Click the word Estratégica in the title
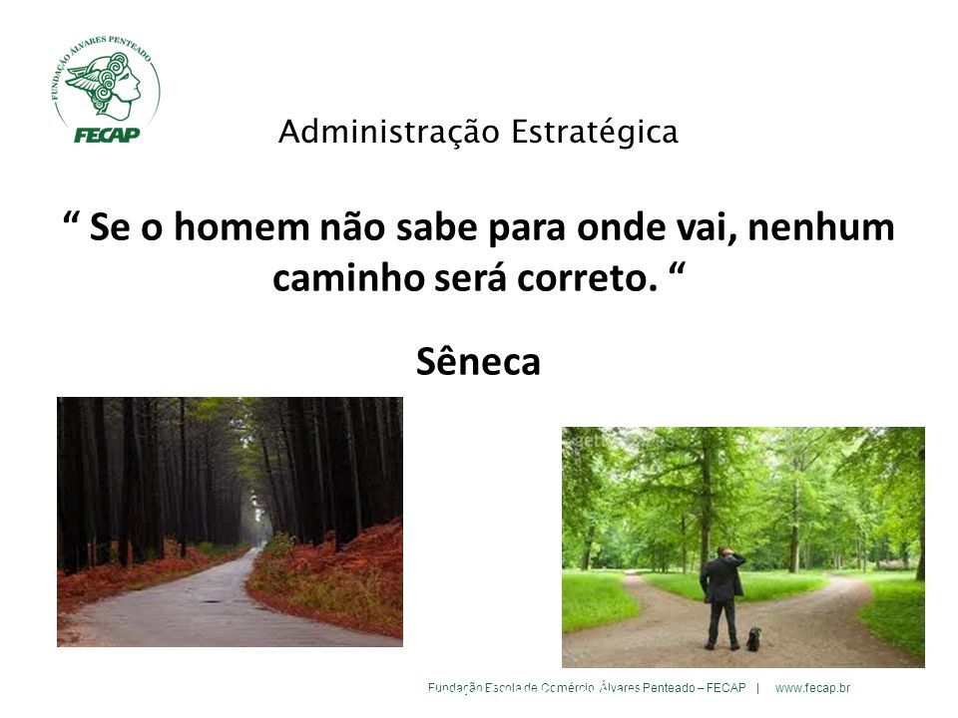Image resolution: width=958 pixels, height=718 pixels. pos(595,133)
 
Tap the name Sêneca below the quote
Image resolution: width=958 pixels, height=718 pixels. pos(478,361)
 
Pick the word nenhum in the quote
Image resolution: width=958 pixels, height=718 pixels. pos(821,227)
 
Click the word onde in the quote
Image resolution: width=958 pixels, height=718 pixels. pos(621,227)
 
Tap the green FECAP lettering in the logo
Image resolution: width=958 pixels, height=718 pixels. pos(107,135)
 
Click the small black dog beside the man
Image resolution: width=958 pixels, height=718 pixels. pos(753,638)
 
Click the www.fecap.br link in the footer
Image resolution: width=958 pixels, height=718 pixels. pos(812,688)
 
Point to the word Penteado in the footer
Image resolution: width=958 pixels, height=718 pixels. pos(669,688)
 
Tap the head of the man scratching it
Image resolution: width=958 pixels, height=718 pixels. pos(724,551)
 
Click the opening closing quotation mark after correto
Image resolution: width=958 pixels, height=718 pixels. pos(677,268)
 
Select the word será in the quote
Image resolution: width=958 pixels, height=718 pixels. pos(470,278)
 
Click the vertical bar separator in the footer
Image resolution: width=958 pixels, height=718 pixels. pos(758,688)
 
